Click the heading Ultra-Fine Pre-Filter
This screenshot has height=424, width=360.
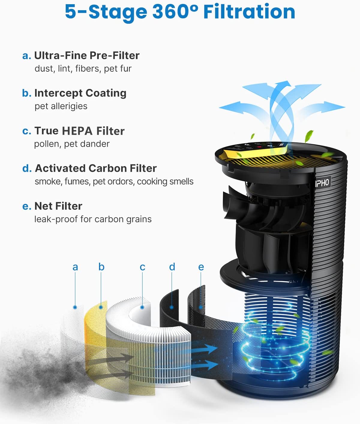point(87,55)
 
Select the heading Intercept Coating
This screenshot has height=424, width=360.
point(80,93)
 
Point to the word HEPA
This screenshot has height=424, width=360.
point(77,131)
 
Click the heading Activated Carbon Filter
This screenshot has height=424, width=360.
point(96,169)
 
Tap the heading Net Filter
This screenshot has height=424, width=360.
point(58,206)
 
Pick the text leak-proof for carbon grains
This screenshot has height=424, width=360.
point(93,219)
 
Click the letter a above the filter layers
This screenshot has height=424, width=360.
point(75,267)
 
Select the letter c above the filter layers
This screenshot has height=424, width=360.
point(142,267)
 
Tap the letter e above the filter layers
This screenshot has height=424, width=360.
point(201,267)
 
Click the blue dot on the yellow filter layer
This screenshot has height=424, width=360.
point(101,307)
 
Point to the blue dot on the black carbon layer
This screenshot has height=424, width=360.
point(172,307)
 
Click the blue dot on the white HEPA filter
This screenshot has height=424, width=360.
point(142,307)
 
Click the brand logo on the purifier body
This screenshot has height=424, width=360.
point(322,183)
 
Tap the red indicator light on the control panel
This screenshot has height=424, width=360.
point(259,147)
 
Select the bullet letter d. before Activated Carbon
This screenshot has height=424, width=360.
point(27,169)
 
